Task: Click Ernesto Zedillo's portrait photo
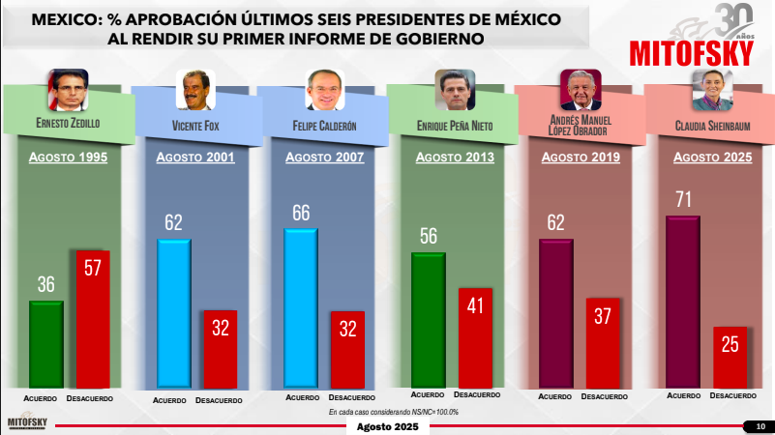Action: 68,89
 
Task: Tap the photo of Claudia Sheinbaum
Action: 712,89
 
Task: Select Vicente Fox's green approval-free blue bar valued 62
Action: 174,313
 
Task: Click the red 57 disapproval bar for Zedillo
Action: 93,319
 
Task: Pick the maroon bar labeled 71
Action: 683,302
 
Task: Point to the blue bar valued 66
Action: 301,308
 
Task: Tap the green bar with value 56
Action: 429,320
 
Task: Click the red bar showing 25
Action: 730,358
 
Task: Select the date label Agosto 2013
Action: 455,158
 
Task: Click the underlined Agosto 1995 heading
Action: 68,158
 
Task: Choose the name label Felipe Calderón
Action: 324,126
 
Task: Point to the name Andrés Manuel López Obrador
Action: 581,126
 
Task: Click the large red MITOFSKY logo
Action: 692,53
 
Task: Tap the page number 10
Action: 760,426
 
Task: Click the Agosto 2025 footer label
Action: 387,426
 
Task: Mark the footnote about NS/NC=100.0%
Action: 394,412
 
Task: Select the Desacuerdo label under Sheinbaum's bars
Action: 733,395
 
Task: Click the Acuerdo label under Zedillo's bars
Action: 40,398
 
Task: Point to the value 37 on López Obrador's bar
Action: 603,316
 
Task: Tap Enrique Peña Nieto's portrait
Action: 455,89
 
